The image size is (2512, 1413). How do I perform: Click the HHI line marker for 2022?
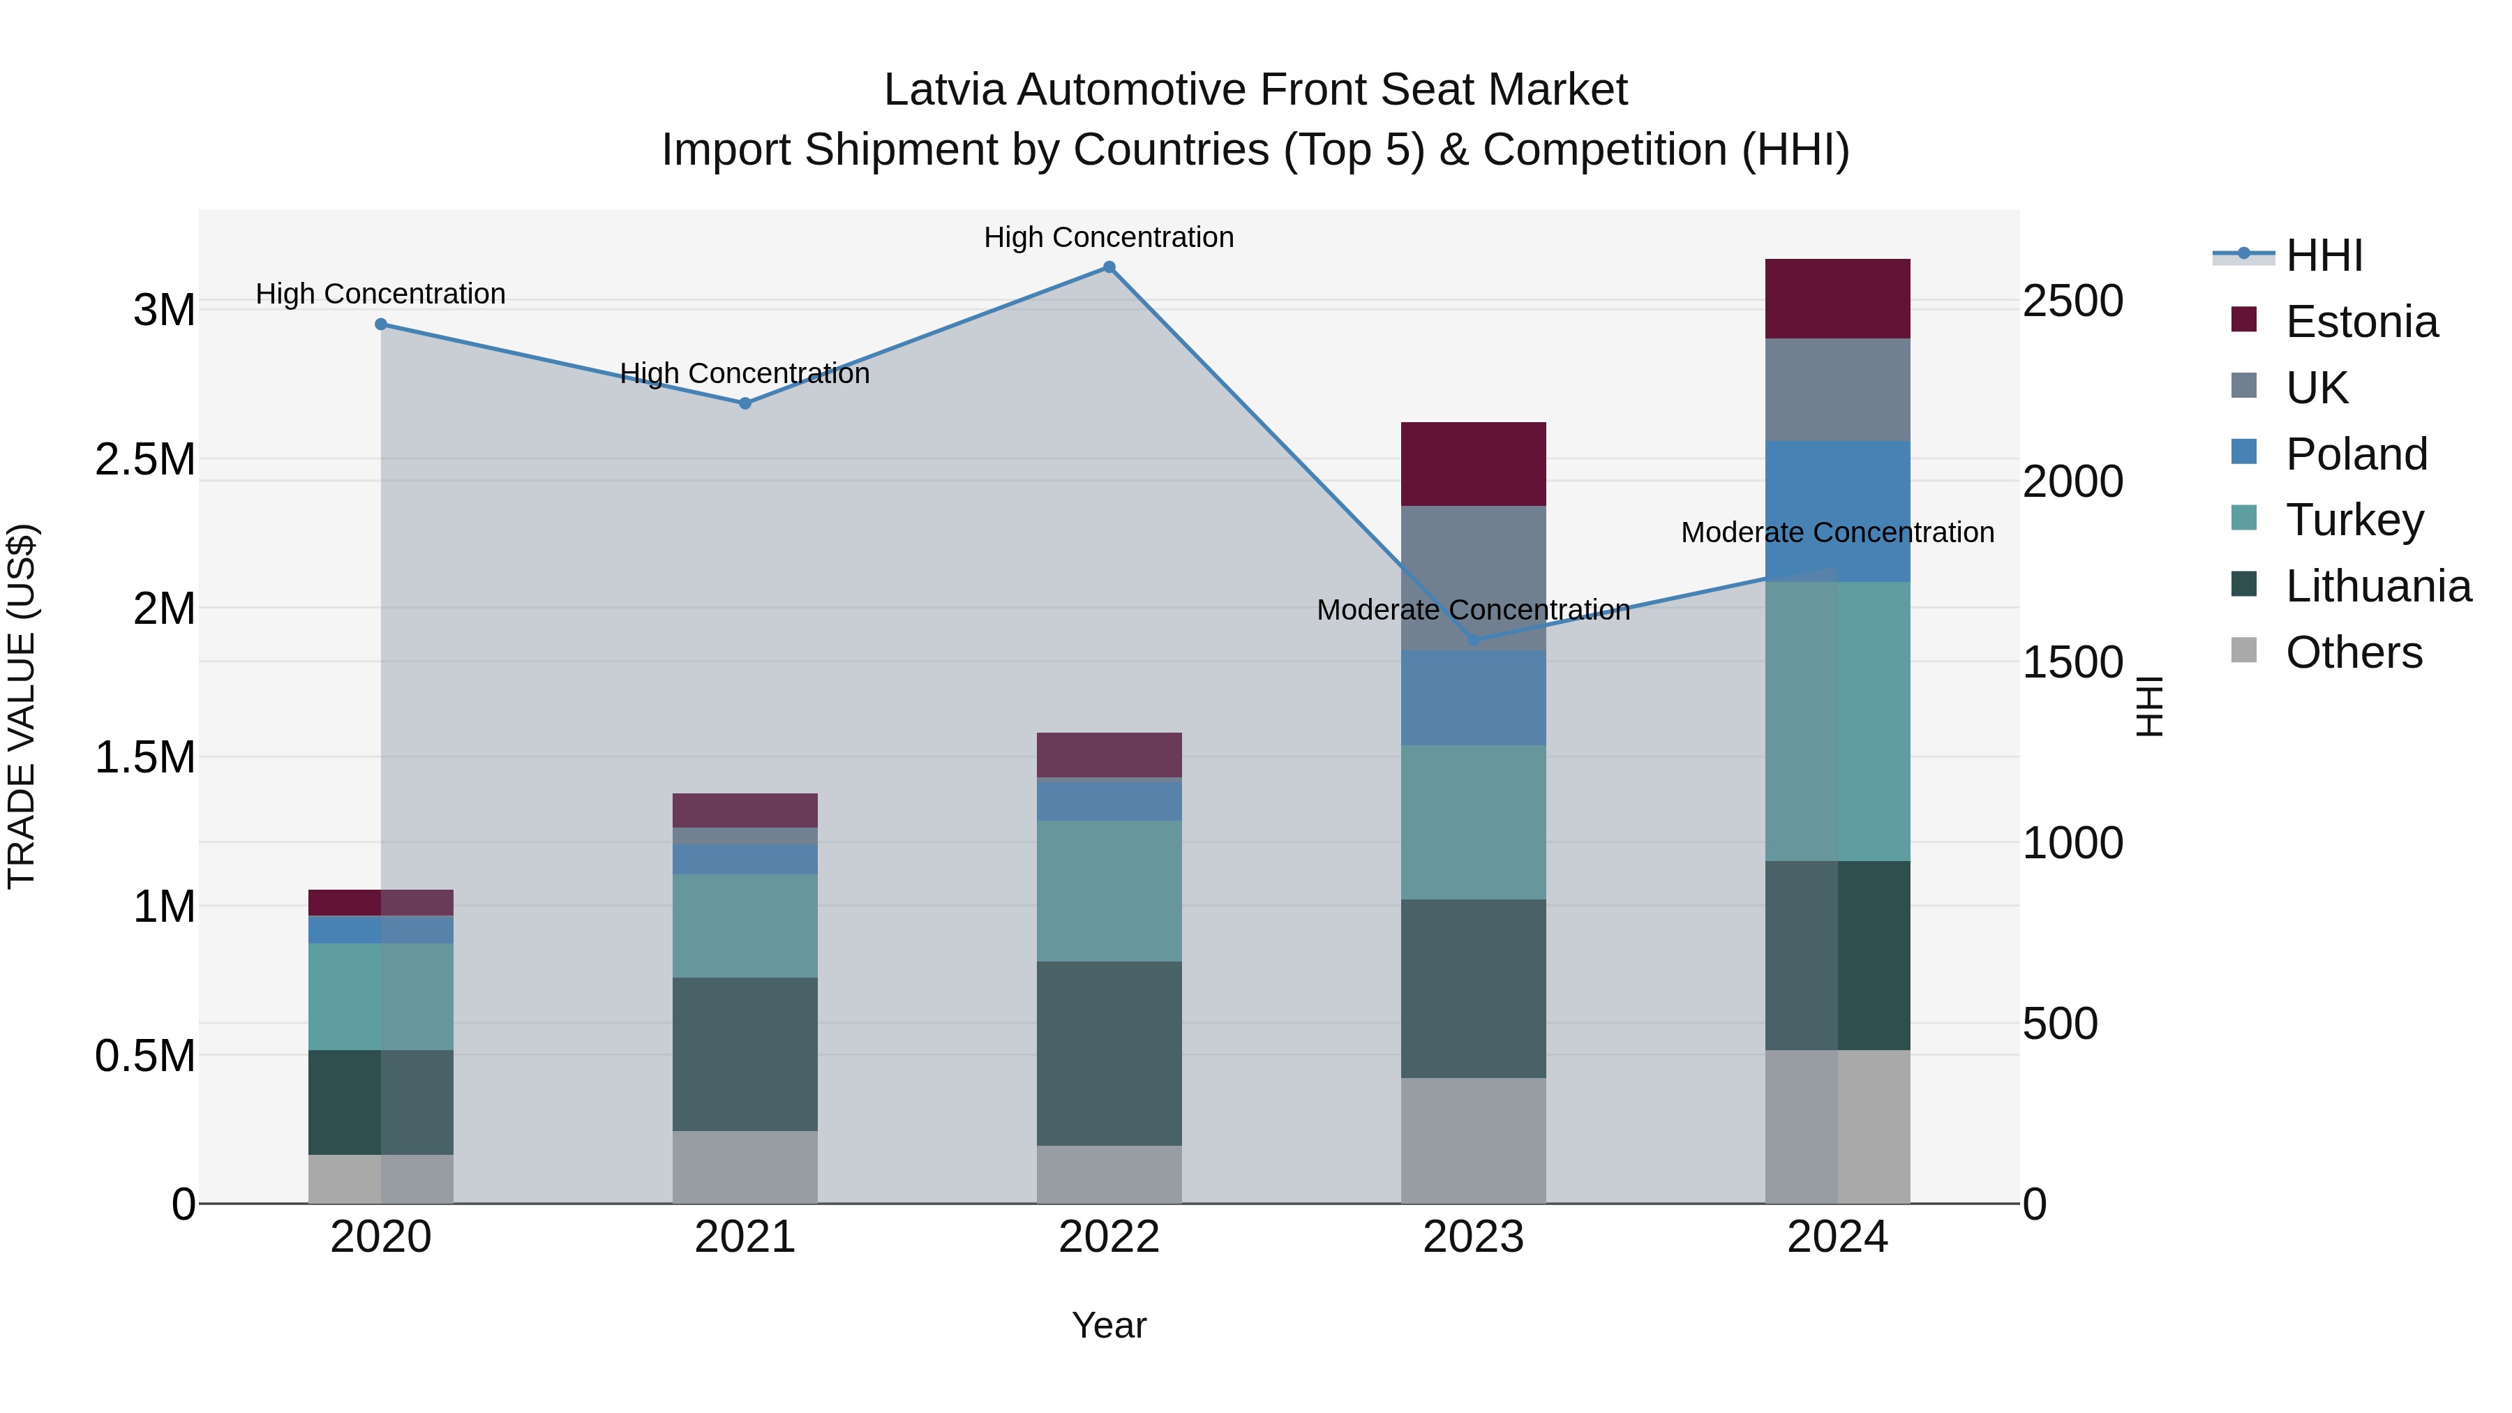[1109, 267]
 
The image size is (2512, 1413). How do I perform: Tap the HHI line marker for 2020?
[381, 324]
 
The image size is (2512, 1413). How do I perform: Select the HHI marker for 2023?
[1474, 641]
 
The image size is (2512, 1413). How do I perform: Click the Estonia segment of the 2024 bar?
[1837, 299]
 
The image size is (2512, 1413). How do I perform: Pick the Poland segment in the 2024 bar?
[1837, 510]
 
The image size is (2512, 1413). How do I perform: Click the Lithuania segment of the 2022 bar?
[1109, 1053]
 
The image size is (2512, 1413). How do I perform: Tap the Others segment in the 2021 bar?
[745, 1167]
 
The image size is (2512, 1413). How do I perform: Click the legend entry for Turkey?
[2353, 520]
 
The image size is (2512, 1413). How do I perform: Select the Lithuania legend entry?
[2377, 586]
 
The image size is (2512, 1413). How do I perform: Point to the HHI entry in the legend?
[2323, 255]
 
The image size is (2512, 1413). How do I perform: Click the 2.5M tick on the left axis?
[145, 459]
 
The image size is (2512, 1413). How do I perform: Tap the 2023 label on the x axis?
[1474, 1237]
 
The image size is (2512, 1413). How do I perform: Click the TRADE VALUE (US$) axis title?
[22, 706]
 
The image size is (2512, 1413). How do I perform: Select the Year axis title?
[1109, 1325]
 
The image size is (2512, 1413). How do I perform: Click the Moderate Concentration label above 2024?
[1837, 532]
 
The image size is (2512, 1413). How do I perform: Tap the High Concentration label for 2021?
[745, 373]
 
